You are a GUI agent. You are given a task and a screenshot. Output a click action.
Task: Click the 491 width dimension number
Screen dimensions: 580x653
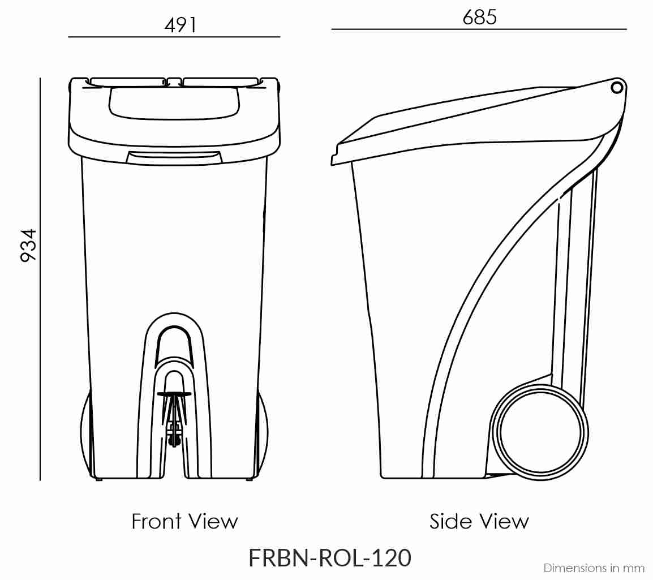point(180,25)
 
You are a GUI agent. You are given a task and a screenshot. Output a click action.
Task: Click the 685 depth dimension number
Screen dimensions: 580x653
point(479,18)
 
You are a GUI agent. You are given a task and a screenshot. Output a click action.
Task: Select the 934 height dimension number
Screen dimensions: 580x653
point(29,244)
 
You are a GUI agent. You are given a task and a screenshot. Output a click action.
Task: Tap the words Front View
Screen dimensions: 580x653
point(184,521)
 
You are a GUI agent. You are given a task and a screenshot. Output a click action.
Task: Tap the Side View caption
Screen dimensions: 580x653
point(479,521)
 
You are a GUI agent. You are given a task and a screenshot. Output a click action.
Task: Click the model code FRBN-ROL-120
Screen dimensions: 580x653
point(329,558)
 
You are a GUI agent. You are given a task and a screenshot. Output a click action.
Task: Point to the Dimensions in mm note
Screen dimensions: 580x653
point(594,568)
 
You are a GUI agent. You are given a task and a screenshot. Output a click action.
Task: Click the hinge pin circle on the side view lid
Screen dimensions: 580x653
point(617,87)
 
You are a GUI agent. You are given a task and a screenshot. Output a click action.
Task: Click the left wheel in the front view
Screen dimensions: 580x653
point(86,433)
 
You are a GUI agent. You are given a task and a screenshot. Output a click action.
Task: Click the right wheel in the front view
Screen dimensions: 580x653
point(263,433)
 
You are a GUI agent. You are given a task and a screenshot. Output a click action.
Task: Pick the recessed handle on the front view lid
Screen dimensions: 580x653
point(173,103)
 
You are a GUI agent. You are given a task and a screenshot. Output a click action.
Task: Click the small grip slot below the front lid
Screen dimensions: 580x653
point(173,158)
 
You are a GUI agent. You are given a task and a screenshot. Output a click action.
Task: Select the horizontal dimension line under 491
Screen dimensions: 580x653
point(174,37)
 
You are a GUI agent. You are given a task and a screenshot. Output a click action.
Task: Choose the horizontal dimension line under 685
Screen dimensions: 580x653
point(479,29)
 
